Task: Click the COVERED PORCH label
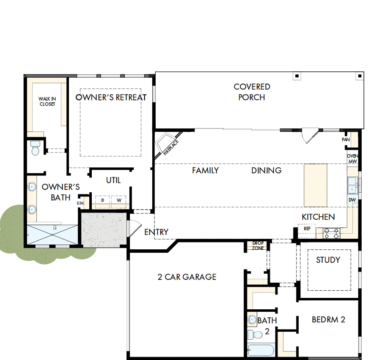tap(252, 92)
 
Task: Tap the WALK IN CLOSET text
tap(47, 101)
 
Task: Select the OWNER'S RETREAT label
tap(111, 97)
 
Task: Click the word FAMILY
tap(205, 170)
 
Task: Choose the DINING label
tap(266, 170)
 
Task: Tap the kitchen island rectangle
tap(316, 184)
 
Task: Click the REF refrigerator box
tap(307, 229)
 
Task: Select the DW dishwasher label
tap(352, 200)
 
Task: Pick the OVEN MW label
tap(352, 158)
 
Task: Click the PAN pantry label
tap(346, 139)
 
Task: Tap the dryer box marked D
tap(102, 200)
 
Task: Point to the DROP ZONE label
tap(258, 246)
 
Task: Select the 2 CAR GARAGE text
tap(187, 277)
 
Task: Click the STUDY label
tap(328, 260)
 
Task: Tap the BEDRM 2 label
tap(328, 319)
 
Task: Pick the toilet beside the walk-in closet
tap(35, 148)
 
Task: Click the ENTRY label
tap(156, 232)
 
